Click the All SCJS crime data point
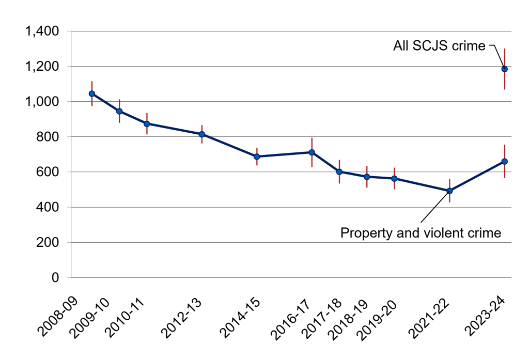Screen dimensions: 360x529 pyautogui.click(x=505, y=69)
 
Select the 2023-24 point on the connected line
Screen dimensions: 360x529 pyautogui.click(x=505, y=161)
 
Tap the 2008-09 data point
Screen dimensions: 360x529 pyautogui.click(x=92, y=93)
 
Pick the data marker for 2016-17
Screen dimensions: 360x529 pyautogui.click(x=312, y=152)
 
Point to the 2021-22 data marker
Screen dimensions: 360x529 pyautogui.click(x=449, y=191)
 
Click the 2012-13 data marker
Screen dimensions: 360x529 pyautogui.click(x=202, y=134)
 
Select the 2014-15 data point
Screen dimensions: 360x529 pyautogui.click(x=257, y=156)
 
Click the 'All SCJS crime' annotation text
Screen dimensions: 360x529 pyautogui.click(x=439, y=46)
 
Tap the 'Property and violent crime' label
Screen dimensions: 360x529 pyautogui.click(x=421, y=233)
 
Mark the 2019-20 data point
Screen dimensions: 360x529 pyautogui.click(x=395, y=179)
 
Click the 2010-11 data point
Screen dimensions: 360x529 pyautogui.click(x=147, y=123)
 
